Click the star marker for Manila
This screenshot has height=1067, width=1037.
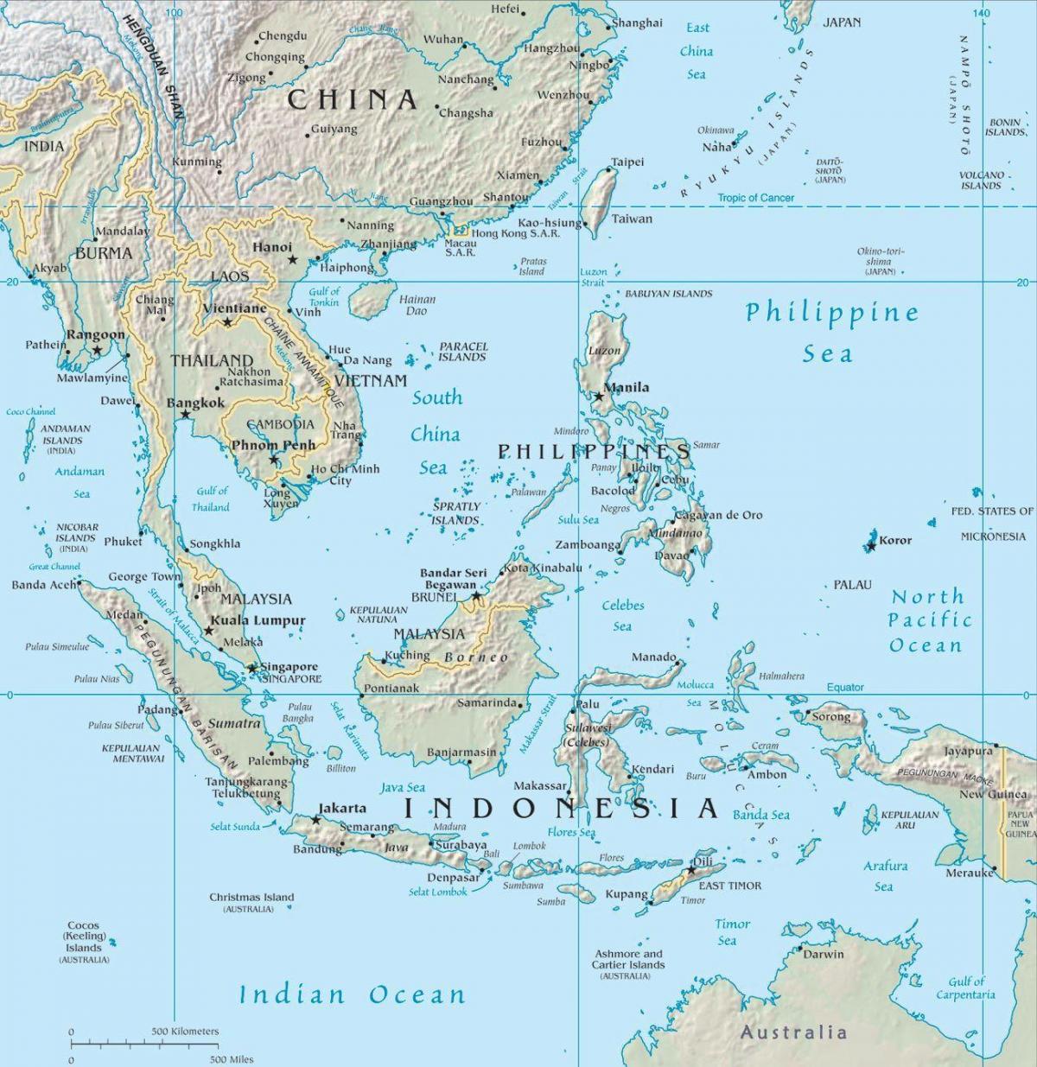pyautogui.click(x=599, y=397)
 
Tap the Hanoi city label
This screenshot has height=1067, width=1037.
pyautogui.click(x=272, y=247)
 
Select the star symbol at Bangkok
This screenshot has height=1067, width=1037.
pyautogui.click(x=185, y=415)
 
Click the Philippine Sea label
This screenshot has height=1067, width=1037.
pyautogui.click(x=831, y=332)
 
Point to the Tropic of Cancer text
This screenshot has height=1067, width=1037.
pyautogui.click(x=755, y=198)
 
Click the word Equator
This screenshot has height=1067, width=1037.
pyautogui.click(x=844, y=688)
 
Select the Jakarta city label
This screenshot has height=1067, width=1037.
pyautogui.click(x=342, y=809)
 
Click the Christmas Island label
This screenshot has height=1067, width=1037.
pyautogui.click(x=251, y=898)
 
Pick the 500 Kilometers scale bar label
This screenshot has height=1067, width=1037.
pyautogui.click(x=185, y=1032)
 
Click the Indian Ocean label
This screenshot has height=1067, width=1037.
pyautogui.click(x=352, y=994)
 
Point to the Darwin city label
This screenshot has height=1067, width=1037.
pyautogui.click(x=823, y=955)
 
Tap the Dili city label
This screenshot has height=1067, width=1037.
pyautogui.click(x=704, y=862)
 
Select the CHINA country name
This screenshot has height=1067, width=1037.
pyautogui.click(x=353, y=100)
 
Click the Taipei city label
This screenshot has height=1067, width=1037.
pyautogui.click(x=627, y=162)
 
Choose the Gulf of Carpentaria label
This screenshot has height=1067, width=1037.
pyautogui.click(x=965, y=988)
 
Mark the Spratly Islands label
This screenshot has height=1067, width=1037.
pyautogui.click(x=455, y=513)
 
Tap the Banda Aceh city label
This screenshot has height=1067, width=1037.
pyautogui.click(x=42, y=585)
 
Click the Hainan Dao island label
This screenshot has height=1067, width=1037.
pyautogui.click(x=417, y=305)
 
